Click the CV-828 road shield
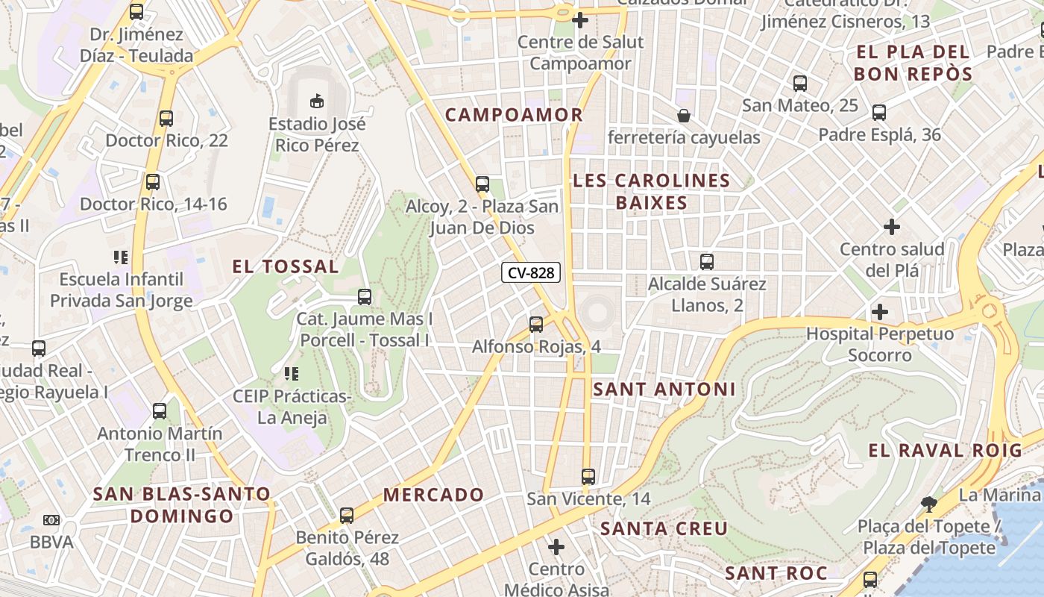531,273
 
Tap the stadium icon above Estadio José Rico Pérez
317,100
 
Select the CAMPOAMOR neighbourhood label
514,115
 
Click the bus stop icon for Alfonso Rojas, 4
535,325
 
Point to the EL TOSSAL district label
285,266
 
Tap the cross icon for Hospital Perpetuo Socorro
880,311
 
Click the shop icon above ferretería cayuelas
683,116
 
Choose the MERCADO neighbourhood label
433,495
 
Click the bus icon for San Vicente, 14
588,476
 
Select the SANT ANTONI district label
664,389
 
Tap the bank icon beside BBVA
51,519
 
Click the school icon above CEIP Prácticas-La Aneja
291,373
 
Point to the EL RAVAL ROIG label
945,451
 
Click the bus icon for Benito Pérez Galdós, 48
347,515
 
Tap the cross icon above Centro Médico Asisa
556,547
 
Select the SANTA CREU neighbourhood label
664,528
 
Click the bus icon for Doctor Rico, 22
166,118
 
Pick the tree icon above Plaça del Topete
928,504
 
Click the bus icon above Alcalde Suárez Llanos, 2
707,262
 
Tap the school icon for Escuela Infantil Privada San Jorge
121,257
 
